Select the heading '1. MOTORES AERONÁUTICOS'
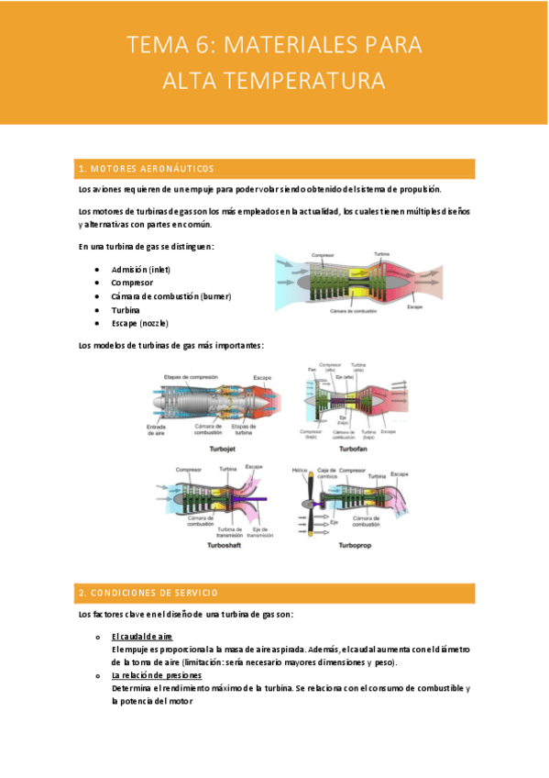pyautogui.click(x=148, y=169)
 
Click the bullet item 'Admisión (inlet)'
pyautogui.click(x=140, y=270)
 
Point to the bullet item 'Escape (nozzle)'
pyautogui.click(x=139, y=324)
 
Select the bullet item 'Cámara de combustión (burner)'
pyautogui.click(x=171, y=296)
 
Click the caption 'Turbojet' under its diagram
pyautogui.click(x=224, y=450)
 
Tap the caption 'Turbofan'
pyautogui.click(x=356, y=450)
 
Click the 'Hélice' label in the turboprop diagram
pyautogui.click(x=300, y=470)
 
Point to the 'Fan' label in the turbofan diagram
pyautogui.click(x=311, y=370)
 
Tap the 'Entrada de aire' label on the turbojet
pyautogui.click(x=156, y=430)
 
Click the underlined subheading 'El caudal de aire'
pyautogui.click(x=142, y=637)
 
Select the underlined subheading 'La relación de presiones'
pyautogui.click(x=150, y=675)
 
